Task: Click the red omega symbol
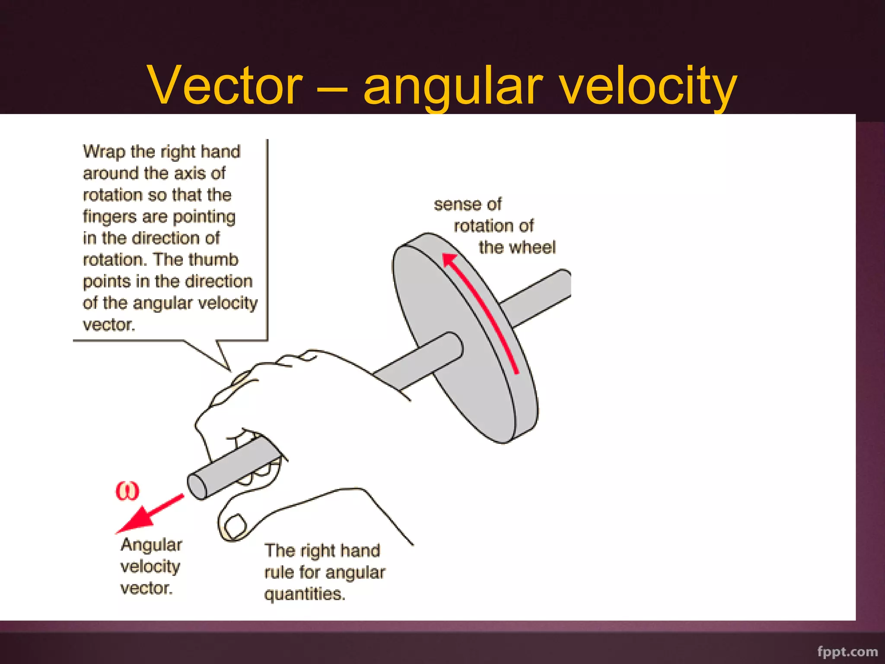tap(127, 491)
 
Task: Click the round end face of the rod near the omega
tap(197, 486)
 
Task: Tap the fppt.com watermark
tap(847, 651)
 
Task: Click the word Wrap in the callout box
tap(104, 152)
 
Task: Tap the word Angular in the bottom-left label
tap(151, 545)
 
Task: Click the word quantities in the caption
tap(305, 594)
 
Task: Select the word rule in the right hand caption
tap(279, 572)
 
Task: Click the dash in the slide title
tap(332, 89)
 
